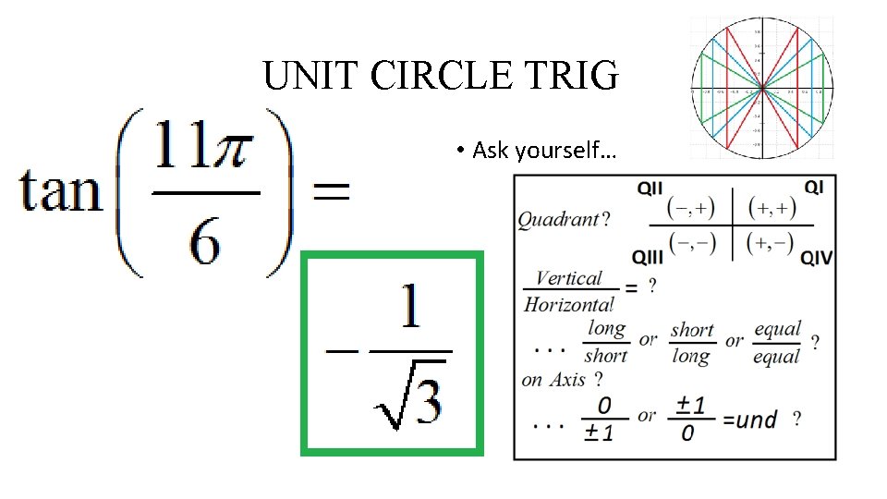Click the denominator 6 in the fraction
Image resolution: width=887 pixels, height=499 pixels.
tap(206, 242)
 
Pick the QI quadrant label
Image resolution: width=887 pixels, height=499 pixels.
tap(813, 188)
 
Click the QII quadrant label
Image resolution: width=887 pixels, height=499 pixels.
tap(650, 188)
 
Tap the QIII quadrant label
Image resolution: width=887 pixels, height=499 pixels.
tap(650, 256)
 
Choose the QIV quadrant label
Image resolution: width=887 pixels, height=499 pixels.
tap(815, 256)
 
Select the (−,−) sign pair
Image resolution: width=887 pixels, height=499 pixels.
tap(693, 242)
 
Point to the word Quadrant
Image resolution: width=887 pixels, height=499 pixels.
tap(557, 219)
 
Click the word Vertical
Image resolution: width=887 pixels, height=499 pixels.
tap(568, 278)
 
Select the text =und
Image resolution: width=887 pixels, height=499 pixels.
tap(749, 420)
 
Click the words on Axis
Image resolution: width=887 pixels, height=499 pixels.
tap(553, 379)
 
